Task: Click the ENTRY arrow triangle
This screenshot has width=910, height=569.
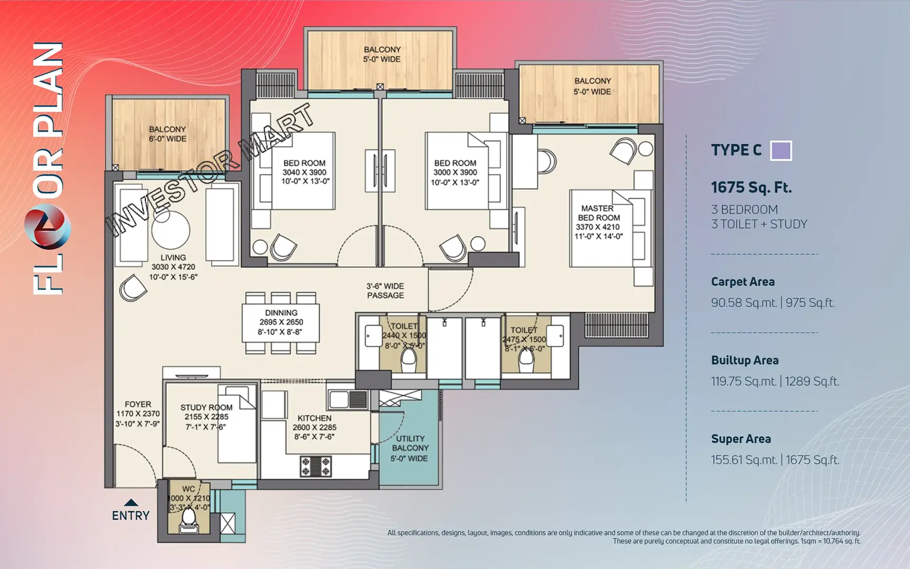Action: (131, 503)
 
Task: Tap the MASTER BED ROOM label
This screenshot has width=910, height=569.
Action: (599, 213)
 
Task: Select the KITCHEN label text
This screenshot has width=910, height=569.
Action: (314, 418)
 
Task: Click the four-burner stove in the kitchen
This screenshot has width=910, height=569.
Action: (315, 466)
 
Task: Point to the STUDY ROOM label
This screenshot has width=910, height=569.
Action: (206, 407)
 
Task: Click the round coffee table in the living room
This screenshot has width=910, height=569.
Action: (171, 230)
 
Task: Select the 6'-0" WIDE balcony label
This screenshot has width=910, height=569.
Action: (167, 134)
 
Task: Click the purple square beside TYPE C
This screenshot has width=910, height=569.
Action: (780, 151)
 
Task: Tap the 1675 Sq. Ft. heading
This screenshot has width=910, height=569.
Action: (751, 188)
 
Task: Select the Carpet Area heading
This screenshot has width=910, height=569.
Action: (743, 282)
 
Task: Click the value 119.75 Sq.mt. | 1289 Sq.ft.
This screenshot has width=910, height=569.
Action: (775, 381)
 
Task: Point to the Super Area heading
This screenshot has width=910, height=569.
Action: (740, 439)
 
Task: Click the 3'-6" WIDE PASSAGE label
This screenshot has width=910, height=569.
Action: (385, 291)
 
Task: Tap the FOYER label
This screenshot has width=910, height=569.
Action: (138, 404)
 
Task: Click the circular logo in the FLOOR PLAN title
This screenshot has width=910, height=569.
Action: (47, 228)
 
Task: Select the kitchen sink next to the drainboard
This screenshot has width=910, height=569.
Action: (340, 399)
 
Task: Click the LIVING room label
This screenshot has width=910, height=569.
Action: (173, 257)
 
